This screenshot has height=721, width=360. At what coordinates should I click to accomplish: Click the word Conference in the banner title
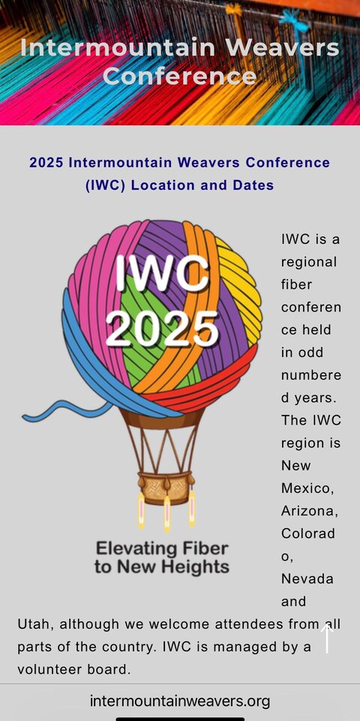[179, 76]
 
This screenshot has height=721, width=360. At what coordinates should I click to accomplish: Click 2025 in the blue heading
[46, 163]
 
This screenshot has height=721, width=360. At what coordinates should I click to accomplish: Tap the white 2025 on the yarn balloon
[162, 328]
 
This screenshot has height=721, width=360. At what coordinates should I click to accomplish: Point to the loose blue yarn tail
[64, 410]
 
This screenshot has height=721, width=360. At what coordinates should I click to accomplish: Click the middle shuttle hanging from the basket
[167, 514]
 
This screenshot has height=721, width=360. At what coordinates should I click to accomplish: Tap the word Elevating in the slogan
[136, 548]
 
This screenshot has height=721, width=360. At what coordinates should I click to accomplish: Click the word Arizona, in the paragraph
[310, 511]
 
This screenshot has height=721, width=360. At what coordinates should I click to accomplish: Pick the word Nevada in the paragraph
[307, 578]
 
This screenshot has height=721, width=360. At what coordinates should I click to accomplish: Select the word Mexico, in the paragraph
[307, 488]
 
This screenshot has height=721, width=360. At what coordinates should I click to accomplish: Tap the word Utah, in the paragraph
[35, 624]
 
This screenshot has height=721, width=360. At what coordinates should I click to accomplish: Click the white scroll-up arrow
[327, 638]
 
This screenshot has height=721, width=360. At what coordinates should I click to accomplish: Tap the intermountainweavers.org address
[180, 701]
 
